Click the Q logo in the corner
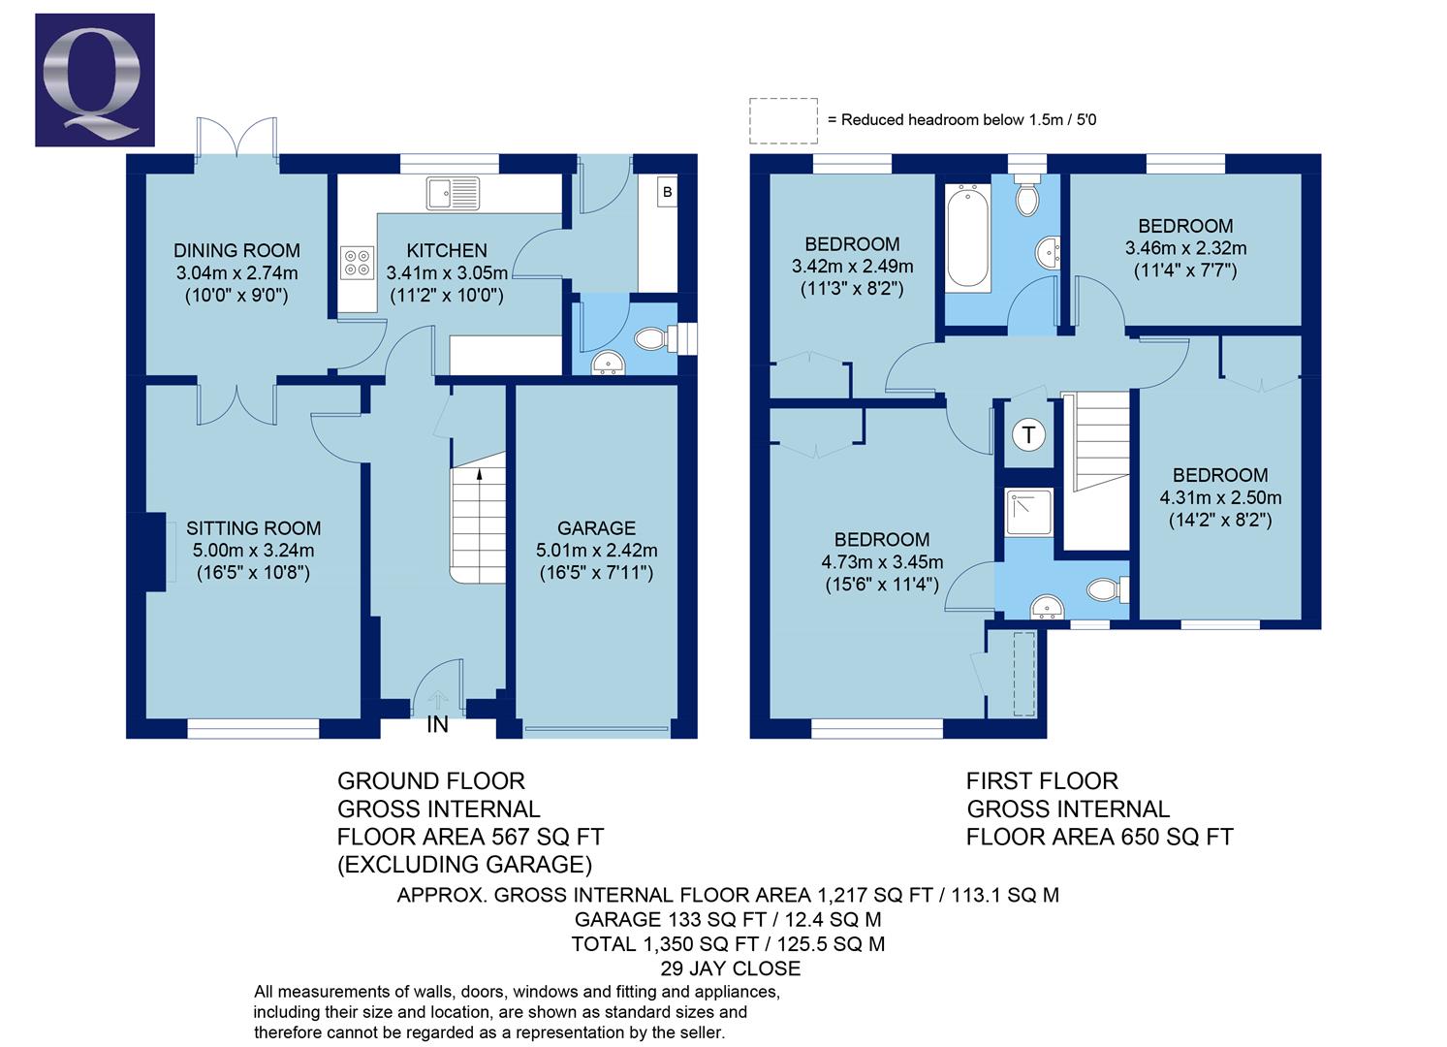pyautogui.click(x=94, y=79)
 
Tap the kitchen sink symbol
pyautogui.click(x=453, y=193)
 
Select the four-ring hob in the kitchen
pyautogui.click(x=357, y=263)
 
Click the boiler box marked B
pyautogui.click(x=667, y=192)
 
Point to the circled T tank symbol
pyautogui.click(x=1028, y=435)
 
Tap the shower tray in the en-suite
pyautogui.click(x=1028, y=512)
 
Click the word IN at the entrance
pyautogui.click(x=438, y=724)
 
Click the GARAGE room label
pyautogui.click(x=596, y=528)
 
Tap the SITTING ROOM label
pyautogui.click(x=253, y=528)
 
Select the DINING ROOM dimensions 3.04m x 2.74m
pyautogui.click(x=236, y=273)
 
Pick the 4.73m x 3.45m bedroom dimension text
pyautogui.click(x=881, y=561)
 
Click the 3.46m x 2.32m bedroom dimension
pyautogui.click(x=1185, y=248)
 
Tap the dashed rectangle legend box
pyautogui.click(x=783, y=120)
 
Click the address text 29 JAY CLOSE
pyautogui.click(x=730, y=968)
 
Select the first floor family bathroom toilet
pyautogui.click(x=1026, y=200)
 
